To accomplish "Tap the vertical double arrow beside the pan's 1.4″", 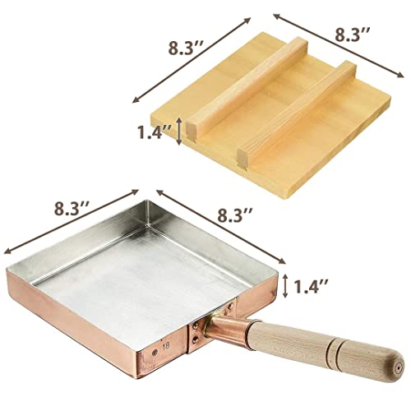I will tap(284, 286).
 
